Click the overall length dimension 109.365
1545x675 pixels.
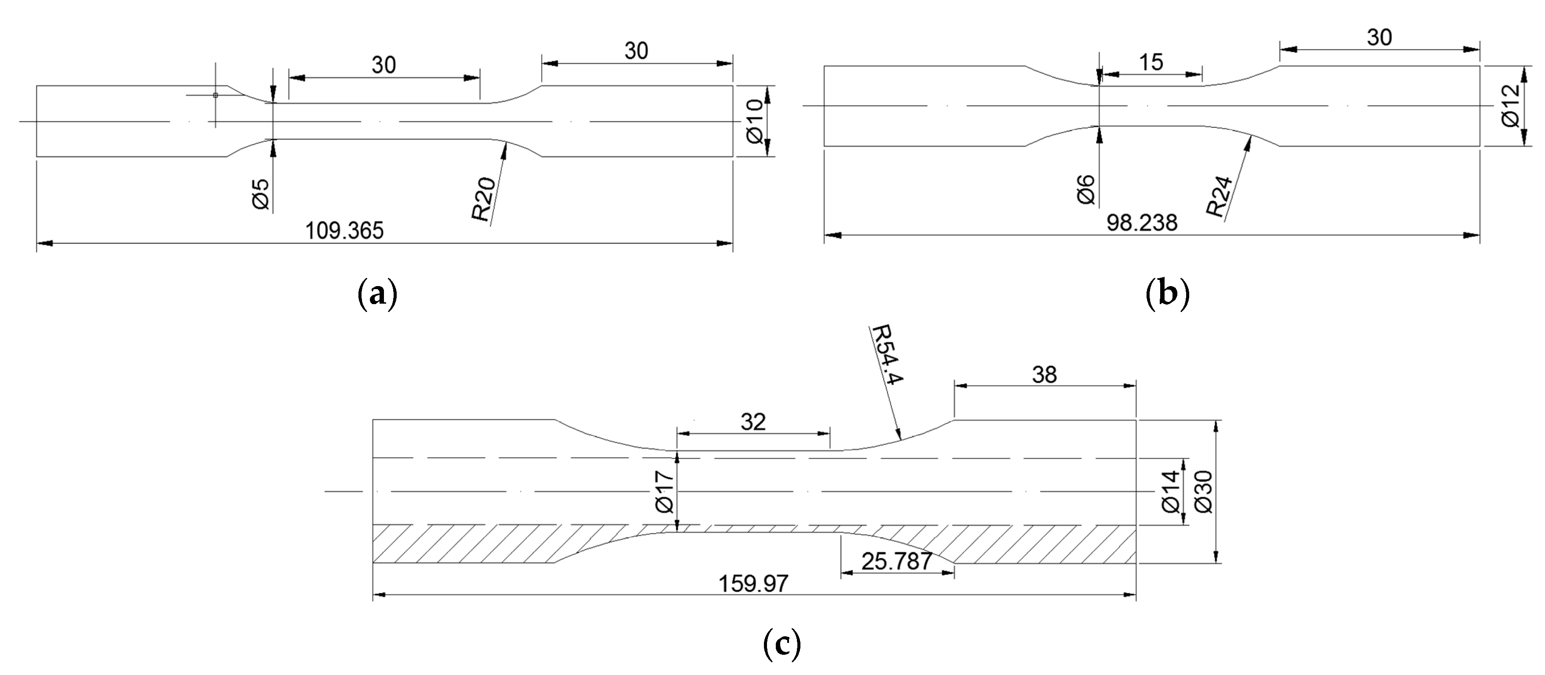(344, 230)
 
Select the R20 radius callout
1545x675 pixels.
(483, 200)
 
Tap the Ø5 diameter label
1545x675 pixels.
(261, 193)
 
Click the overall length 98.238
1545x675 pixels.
(1142, 223)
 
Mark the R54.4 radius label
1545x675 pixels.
(887, 355)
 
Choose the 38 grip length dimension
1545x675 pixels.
(1044, 375)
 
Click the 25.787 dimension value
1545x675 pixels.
(897, 562)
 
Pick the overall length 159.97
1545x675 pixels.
(753, 583)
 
